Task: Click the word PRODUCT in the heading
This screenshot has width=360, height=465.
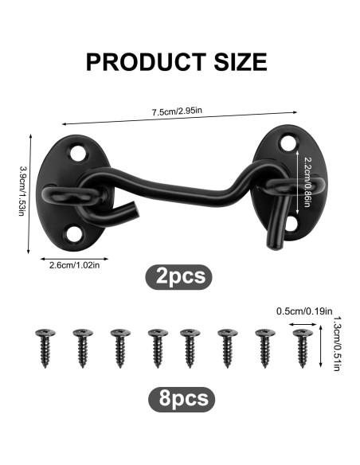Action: tap(146, 61)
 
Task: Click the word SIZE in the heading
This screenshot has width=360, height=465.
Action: tap(241, 61)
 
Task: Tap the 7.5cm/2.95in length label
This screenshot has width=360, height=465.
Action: tap(177, 111)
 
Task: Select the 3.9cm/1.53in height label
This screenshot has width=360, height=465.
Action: tap(22, 190)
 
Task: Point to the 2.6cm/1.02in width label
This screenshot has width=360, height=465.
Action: tap(74, 265)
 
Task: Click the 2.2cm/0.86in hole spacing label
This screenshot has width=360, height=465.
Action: tap(307, 182)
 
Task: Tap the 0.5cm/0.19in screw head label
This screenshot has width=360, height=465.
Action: tap(304, 311)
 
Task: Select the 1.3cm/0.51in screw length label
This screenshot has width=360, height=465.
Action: tap(337, 343)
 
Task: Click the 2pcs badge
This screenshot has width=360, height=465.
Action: tap(178, 276)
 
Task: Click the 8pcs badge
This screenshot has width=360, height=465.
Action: tap(182, 399)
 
